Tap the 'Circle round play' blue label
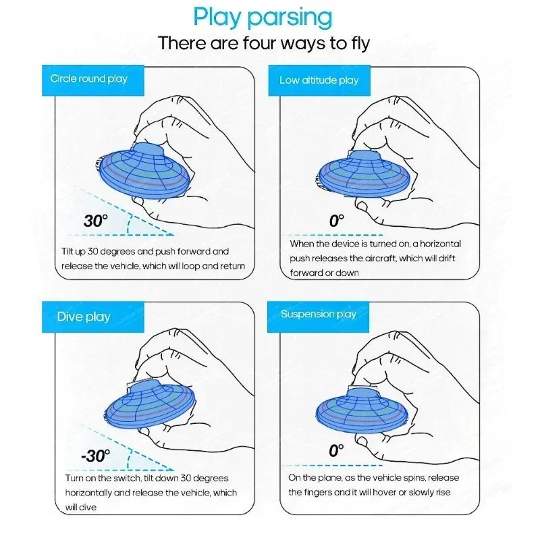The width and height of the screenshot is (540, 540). (x=88, y=79)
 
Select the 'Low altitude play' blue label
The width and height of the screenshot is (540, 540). (x=319, y=80)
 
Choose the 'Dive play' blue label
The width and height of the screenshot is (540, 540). (x=84, y=317)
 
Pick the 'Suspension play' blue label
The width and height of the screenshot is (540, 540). (x=318, y=314)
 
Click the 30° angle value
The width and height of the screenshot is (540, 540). (x=95, y=221)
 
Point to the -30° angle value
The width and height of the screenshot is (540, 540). (x=94, y=455)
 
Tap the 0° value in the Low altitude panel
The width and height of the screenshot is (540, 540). (x=336, y=220)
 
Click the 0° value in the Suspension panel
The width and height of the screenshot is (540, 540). (x=336, y=451)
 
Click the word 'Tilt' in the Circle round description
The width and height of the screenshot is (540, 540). (x=68, y=251)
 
